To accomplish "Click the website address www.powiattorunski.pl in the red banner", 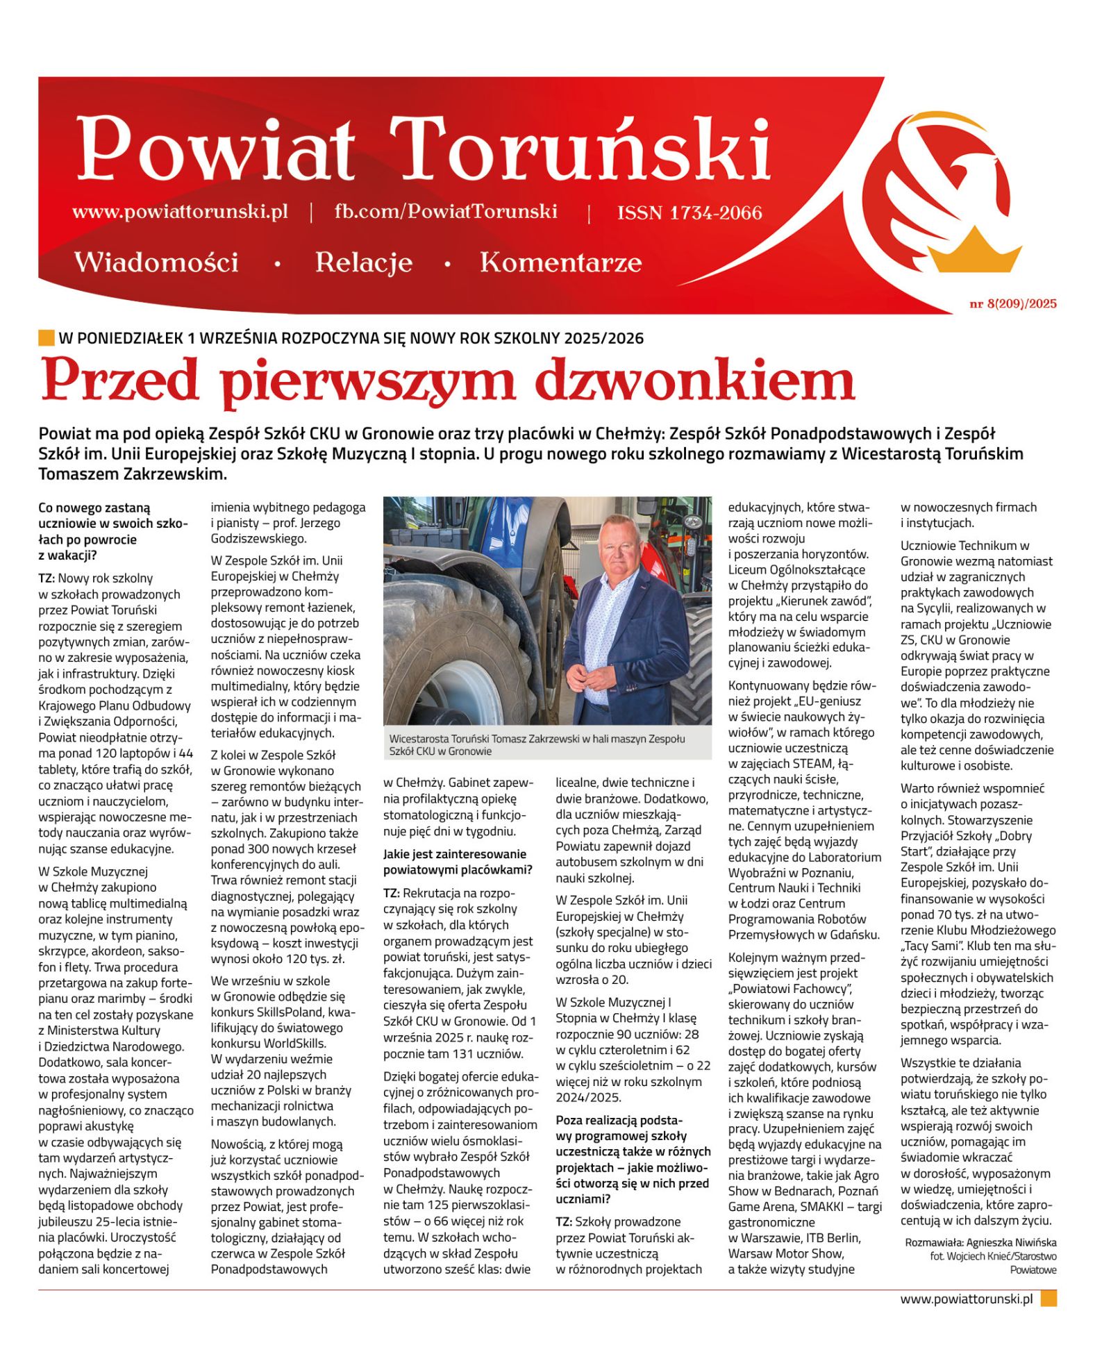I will pyautogui.click(x=180, y=212).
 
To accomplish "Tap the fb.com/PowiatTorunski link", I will pyautogui.click(x=445, y=212).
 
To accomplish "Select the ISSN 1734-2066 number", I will pyautogui.click(x=689, y=212).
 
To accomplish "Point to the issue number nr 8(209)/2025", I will pyautogui.click(x=1012, y=303).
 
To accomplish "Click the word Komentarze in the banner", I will pyautogui.click(x=560, y=262).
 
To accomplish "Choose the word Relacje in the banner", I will pyautogui.click(x=363, y=262).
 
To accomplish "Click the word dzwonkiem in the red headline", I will pyautogui.click(x=694, y=381).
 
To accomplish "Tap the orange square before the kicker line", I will pyautogui.click(x=46, y=338).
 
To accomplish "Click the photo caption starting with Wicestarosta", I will pyautogui.click(x=536, y=744).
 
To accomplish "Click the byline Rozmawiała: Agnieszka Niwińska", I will pyautogui.click(x=980, y=1242).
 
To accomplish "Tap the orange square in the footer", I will pyautogui.click(x=1049, y=1298).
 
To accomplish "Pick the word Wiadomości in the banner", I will pyautogui.click(x=156, y=262).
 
